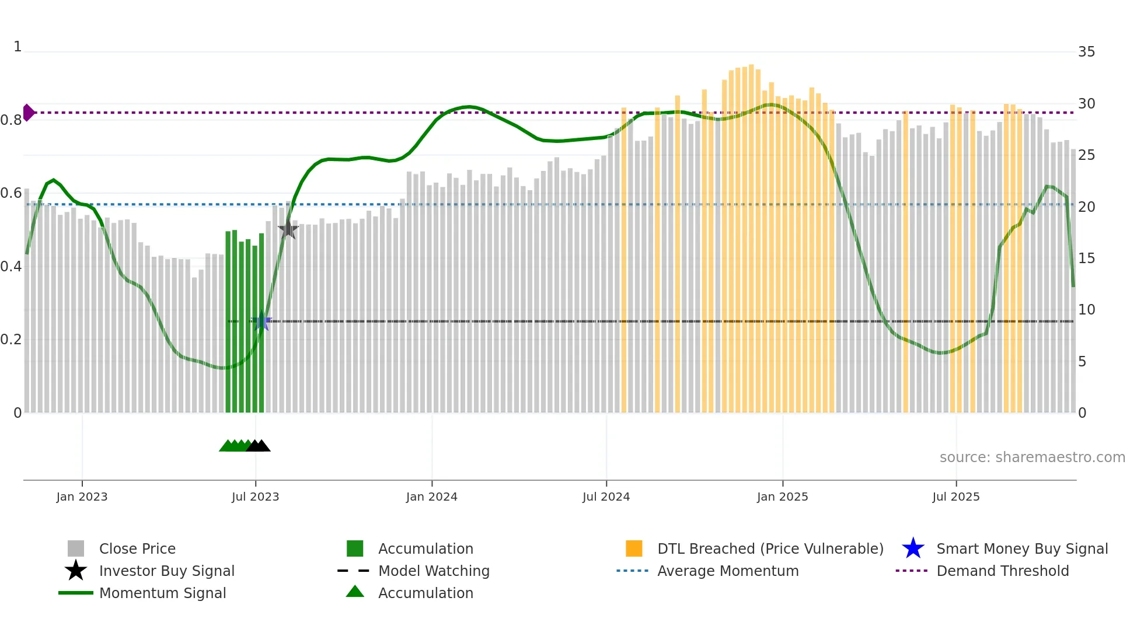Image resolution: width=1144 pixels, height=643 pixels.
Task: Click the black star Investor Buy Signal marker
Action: tap(288, 229)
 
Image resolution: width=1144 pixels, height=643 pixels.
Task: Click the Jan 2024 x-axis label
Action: tap(431, 497)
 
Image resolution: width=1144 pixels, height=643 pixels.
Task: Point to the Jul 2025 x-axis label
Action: tap(955, 497)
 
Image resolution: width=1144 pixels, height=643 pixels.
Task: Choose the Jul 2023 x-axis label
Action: tap(255, 497)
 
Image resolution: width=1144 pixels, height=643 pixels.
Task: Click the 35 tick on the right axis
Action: tap(1086, 52)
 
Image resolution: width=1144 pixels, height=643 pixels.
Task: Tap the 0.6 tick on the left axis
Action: tap(12, 193)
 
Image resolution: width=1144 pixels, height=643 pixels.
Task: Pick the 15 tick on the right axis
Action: tap(1086, 258)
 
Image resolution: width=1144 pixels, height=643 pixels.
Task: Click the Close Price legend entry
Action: tap(137, 548)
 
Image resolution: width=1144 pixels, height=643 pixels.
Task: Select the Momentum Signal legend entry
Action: tap(162, 593)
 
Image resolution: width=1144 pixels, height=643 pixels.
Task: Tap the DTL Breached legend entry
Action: tap(770, 548)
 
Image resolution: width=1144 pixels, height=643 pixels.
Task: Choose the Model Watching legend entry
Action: tap(433, 571)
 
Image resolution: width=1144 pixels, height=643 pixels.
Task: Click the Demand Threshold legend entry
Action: tap(1002, 571)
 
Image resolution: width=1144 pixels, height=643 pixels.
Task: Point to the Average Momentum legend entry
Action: tap(727, 571)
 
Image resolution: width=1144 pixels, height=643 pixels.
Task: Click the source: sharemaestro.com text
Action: tap(1032, 457)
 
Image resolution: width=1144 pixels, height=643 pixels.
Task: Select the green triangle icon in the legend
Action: tap(355, 592)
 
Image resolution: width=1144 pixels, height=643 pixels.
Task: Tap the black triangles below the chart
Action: tap(258, 446)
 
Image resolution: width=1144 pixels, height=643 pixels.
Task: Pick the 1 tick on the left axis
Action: tap(18, 47)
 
